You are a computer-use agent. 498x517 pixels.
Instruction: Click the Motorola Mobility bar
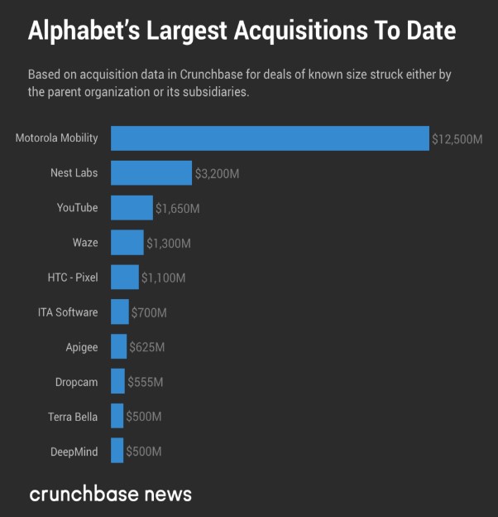click(x=270, y=138)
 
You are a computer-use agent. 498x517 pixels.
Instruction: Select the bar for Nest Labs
click(x=151, y=173)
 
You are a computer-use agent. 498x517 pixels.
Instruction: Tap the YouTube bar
click(x=132, y=208)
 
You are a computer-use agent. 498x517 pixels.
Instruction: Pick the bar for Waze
click(x=127, y=243)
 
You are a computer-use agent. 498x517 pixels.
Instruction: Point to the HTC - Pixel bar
click(x=125, y=278)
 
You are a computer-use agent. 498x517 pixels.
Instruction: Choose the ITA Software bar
click(x=120, y=312)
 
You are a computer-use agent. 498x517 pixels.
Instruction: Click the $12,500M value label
click(x=457, y=139)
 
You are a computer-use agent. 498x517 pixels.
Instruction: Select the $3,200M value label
click(x=218, y=174)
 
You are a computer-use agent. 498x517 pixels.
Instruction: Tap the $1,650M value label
click(x=178, y=209)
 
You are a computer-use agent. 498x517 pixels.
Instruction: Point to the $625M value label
click(x=147, y=347)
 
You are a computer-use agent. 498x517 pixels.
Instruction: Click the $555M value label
click(x=146, y=382)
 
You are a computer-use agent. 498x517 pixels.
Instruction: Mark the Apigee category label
click(x=82, y=347)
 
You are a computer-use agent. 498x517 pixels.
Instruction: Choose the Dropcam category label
click(x=76, y=382)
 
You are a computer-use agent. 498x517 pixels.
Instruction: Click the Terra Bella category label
click(x=73, y=417)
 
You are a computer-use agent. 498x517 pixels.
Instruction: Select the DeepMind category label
click(x=74, y=452)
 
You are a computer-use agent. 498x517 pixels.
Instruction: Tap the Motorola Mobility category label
click(x=57, y=138)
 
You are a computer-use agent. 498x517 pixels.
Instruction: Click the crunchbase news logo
click(x=110, y=495)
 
